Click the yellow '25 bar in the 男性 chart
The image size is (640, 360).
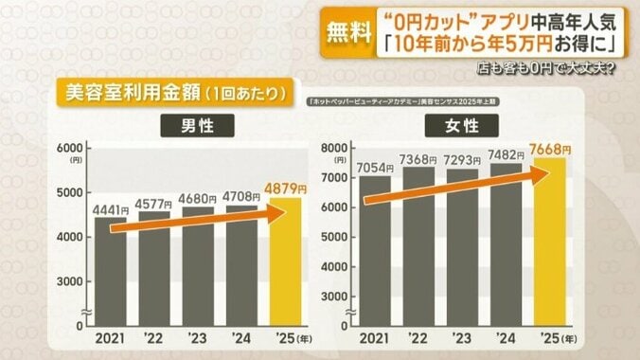tap(285, 265)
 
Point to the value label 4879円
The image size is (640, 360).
tap(286, 188)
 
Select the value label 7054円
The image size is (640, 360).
tap(377, 168)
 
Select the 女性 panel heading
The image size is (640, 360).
tap(463, 125)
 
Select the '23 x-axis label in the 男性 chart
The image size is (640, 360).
tap(199, 338)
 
